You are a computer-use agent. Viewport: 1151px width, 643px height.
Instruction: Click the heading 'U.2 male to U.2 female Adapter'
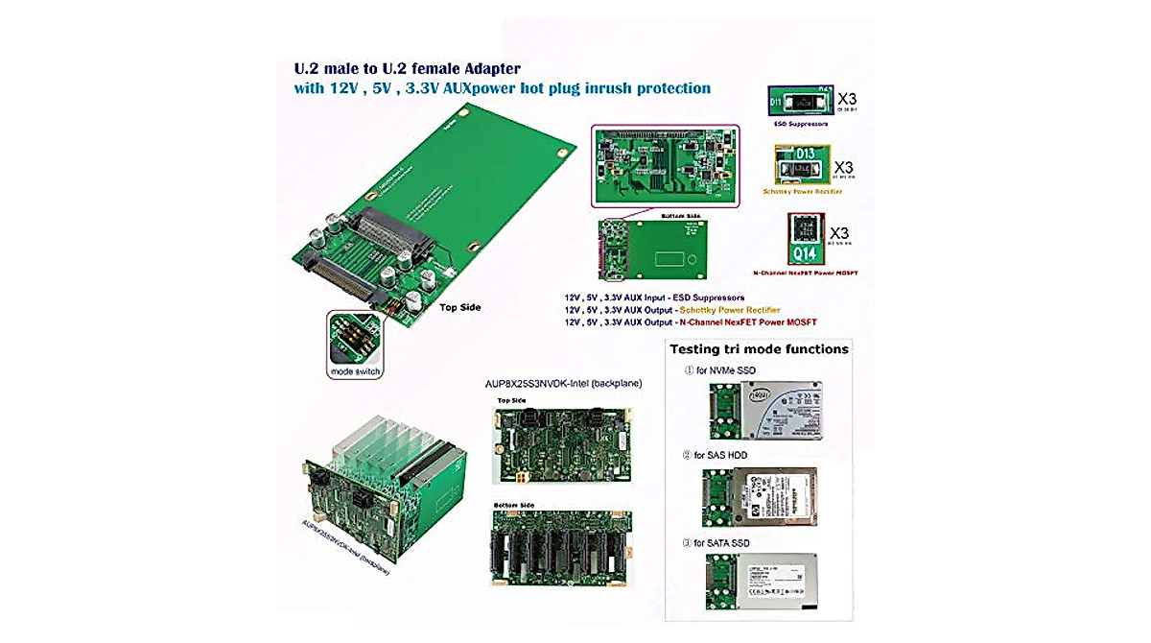(x=407, y=69)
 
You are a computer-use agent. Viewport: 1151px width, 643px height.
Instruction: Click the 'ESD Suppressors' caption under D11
(x=801, y=124)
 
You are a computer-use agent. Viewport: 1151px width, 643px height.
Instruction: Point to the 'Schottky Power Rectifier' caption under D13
(x=802, y=191)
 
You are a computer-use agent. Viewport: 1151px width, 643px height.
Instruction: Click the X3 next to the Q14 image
(x=839, y=233)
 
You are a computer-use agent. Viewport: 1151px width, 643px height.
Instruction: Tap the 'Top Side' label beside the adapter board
(x=460, y=308)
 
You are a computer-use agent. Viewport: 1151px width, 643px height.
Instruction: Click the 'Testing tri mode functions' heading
(x=759, y=349)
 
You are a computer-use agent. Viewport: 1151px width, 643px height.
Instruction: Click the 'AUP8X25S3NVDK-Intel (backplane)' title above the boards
(x=563, y=383)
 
